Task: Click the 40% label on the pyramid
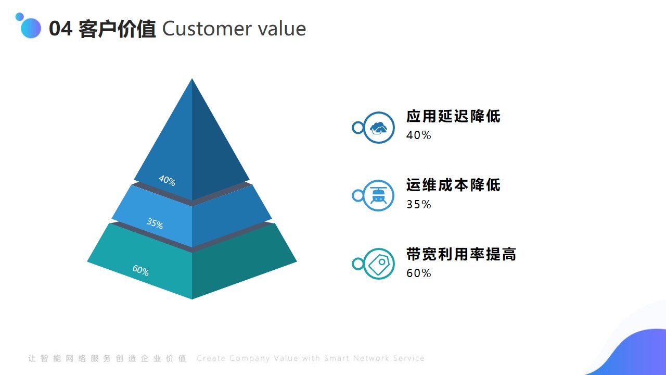pyautogui.click(x=167, y=180)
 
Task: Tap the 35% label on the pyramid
pyautogui.click(x=155, y=223)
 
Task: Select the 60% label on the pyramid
pyautogui.click(x=140, y=270)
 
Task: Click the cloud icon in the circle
pyautogui.click(x=378, y=128)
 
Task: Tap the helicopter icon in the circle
pyautogui.click(x=378, y=196)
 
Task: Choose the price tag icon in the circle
pyautogui.click(x=379, y=264)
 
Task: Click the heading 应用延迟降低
pyautogui.click(x=453, y=116)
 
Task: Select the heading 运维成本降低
pyautogui.click(x=453, y=185)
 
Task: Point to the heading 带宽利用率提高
pyautogui.click(x=461, y=254)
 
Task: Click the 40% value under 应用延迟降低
pyautogui.click(x=419, y=135)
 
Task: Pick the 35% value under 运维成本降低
pyautogui.click(x=419, y=205)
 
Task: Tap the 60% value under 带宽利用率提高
pyautogui.click(x=419, y=273)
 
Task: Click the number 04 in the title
pyautogui.click(x=61, y=29)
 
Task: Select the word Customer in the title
pyautogui.click(x=207, y=29)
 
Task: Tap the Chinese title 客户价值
pyautogui.click(x=117, y=29)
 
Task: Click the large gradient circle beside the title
pyautogui.click(x=31, y=28)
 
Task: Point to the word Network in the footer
pyautogui.click(x=372, y=358)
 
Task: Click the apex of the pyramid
pyautogui.click(x=192, y=79)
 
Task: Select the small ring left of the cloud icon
pyautogui.click(x=358, y=128)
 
